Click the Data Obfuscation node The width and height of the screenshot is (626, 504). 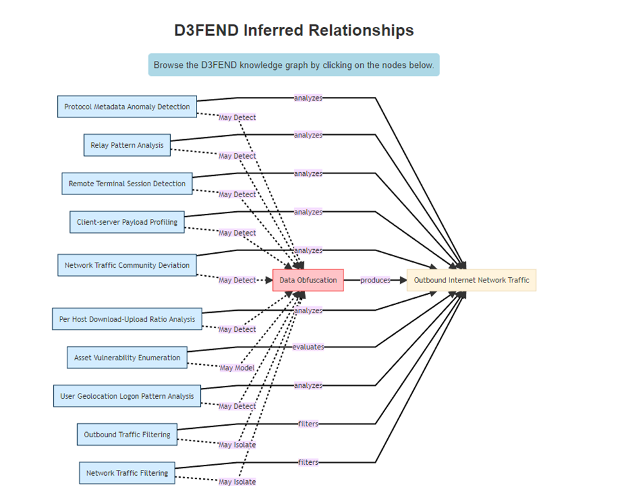click(x=308, y=280)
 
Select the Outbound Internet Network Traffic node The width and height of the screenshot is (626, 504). click(x=471, y=280)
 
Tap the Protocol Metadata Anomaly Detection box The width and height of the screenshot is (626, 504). click(x=127, y=107)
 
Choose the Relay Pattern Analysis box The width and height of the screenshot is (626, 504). click(x=127, y=145)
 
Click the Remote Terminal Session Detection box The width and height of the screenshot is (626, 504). click(x=127, y=184)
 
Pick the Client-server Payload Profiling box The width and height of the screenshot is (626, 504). click(x=127, y=222)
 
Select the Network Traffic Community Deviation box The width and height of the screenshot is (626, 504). click(x=127, y=265)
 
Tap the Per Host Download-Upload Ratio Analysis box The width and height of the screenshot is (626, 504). click(x=127, y=319)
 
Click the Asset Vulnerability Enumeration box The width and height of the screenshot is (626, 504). click(x=127, y=358)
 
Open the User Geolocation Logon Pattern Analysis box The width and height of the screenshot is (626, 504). click(x=127, y=396)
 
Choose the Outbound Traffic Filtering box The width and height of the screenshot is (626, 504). click(x=127, y=435)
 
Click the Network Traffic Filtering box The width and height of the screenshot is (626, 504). click(x=127, y=473)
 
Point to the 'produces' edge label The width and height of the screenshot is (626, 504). click(x=375, y=280)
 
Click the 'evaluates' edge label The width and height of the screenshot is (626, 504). click(x=308, y=347)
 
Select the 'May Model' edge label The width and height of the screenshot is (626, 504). click(x=237, y=368)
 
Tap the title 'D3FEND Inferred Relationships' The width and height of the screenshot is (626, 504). click(x=294, y=30)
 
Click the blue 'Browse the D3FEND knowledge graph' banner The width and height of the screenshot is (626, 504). click(x=294, y=65)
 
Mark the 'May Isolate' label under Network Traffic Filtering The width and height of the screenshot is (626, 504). click(x=237, y=482)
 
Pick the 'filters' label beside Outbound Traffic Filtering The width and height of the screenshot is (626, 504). click(x=308, y=424)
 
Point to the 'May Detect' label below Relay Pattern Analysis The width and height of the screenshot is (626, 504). click(x=237, y=156)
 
